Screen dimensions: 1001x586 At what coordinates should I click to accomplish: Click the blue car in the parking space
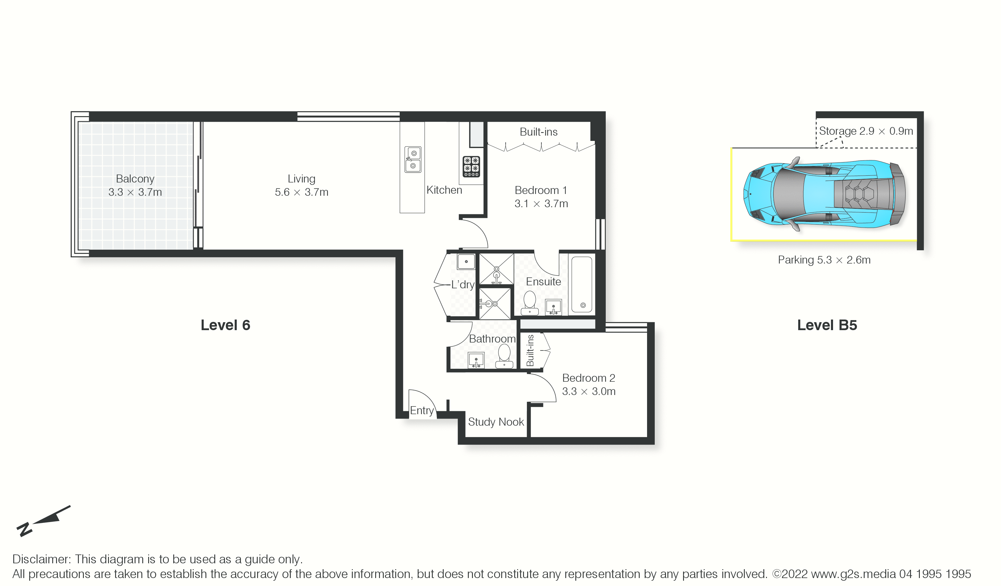pos(824,195)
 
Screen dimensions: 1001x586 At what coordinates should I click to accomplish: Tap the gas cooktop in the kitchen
pos(471,167)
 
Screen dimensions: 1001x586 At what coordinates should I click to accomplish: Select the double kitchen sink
pos(413,159)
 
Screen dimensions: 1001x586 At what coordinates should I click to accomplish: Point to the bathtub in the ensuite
pos(582,284)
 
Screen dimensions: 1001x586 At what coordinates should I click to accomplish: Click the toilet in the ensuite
pos(530,303)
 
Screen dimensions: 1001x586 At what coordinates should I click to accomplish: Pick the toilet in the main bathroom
pos(504,356)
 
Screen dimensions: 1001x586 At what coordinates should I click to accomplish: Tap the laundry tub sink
pos(466,262)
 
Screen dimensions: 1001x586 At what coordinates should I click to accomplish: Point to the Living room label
pos(301,179)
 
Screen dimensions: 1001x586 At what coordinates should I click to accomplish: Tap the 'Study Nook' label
pos(496,422)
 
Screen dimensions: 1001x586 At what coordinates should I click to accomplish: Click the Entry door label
pos(422,411)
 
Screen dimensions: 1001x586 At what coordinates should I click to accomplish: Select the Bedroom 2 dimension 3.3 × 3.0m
pos(589,391)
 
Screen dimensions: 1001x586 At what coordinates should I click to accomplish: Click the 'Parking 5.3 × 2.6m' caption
pos(824,260)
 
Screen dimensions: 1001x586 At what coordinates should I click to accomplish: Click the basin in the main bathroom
pos(476,360)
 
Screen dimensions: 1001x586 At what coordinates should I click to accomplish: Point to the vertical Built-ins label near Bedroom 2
pos(530,350)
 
